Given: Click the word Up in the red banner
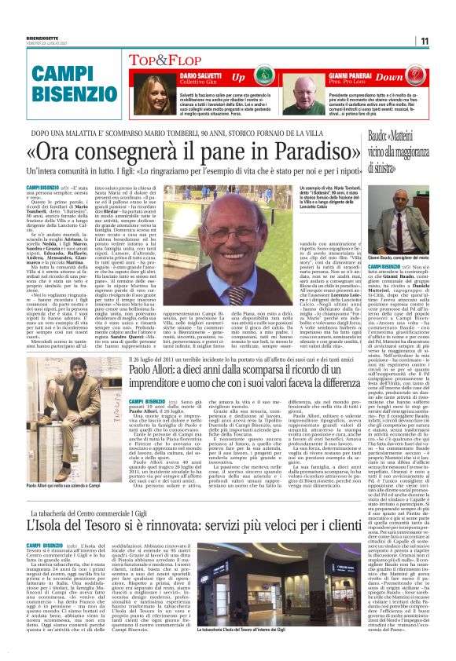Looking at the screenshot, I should (x=237, y=78).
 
